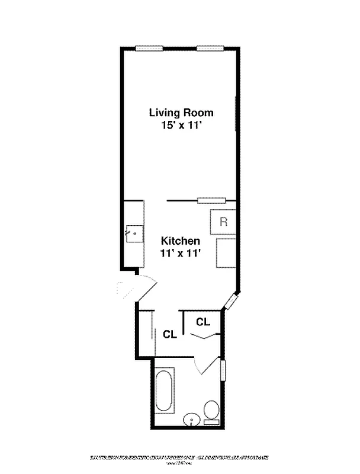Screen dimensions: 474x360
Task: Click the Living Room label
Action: (181, 113)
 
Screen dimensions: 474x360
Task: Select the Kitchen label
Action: (181, 241)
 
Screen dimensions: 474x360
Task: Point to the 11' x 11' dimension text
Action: (181, 253)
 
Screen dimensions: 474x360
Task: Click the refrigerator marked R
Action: (223, 222)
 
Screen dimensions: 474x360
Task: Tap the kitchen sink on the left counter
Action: (135, 233)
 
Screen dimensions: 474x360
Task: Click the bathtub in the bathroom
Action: (164, 392)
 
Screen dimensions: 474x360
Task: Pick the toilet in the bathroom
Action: (211, 411)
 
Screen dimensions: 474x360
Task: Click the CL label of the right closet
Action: (203, 322)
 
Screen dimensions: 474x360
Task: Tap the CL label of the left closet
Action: (170, 334)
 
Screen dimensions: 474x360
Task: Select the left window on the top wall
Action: (149, 49)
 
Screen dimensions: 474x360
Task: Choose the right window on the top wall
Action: (210, 49)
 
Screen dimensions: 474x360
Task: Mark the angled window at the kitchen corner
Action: (230, 302)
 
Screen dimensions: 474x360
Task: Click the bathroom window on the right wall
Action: (223, 370)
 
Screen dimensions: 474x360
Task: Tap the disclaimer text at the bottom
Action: (179, 458)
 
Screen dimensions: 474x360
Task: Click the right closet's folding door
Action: (203, 337)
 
